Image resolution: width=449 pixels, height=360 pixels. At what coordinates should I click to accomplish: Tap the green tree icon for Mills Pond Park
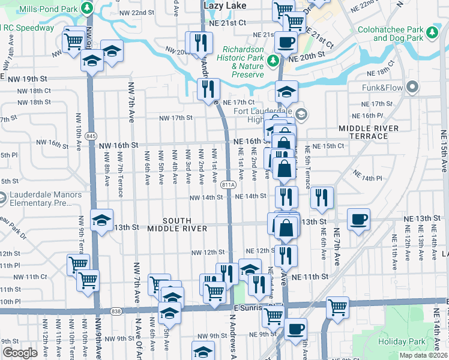pos(88,8)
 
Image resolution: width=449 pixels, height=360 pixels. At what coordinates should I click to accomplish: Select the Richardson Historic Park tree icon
pos(273,61)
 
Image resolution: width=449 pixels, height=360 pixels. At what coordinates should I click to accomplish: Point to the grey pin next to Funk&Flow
pos(412,88)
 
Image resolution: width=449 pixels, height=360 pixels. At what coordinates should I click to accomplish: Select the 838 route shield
pos(116,311)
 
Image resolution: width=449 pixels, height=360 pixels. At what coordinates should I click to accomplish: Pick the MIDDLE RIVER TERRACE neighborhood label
pos(368,132)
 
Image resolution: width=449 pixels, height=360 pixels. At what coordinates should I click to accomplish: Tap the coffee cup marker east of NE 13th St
pos(359,220)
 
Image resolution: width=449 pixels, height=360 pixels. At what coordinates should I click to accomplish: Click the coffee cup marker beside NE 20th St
pos(286,42)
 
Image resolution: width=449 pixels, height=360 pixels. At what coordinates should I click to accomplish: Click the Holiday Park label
pos(402,341)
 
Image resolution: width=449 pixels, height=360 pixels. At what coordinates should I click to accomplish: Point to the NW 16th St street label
pos(118,145)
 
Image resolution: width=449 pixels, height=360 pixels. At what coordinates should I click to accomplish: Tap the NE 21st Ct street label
pos(225,22)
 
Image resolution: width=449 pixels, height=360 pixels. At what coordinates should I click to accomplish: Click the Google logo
pos(20,353)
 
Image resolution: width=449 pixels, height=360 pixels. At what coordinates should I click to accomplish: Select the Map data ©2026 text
pos(423,355)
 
